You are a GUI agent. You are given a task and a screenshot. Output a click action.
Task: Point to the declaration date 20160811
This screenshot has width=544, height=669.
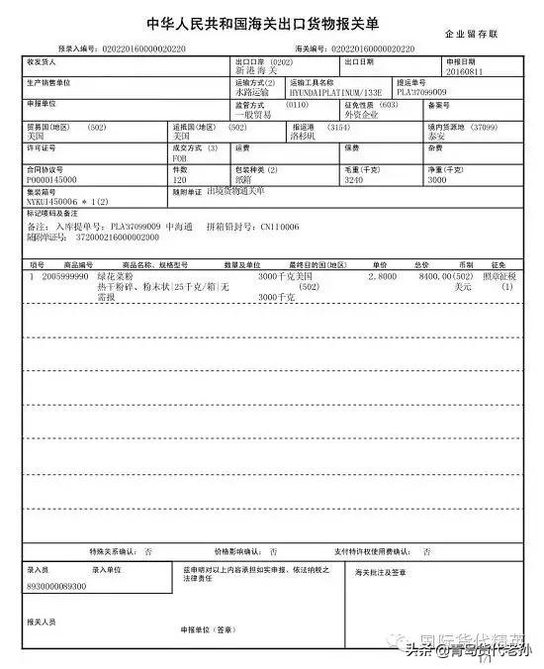click(410, 71)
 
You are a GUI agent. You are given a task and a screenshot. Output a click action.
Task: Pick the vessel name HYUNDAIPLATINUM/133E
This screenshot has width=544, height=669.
click(327, 92)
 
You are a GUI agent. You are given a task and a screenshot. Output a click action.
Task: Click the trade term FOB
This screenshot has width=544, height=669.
click(179, 156)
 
